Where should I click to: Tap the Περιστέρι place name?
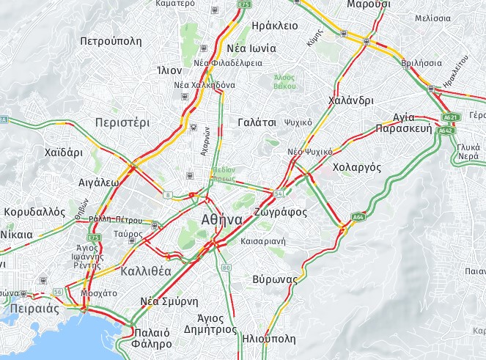(x=122, y=122)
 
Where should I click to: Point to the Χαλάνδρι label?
(x=351, y=100)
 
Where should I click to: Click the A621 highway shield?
(x=450, y=117)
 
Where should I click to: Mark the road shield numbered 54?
(x=279, y=193)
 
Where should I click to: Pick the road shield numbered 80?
(x=226, y=268)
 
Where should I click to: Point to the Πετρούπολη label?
(x=111, y=40)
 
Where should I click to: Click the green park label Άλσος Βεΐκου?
(x=284, y=81)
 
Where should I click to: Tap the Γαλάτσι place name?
(x=257, y=122)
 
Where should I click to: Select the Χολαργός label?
(x=357, y=167)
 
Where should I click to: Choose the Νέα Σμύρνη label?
(x=169, y=301)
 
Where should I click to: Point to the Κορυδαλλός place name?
(x=34, y=211)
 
